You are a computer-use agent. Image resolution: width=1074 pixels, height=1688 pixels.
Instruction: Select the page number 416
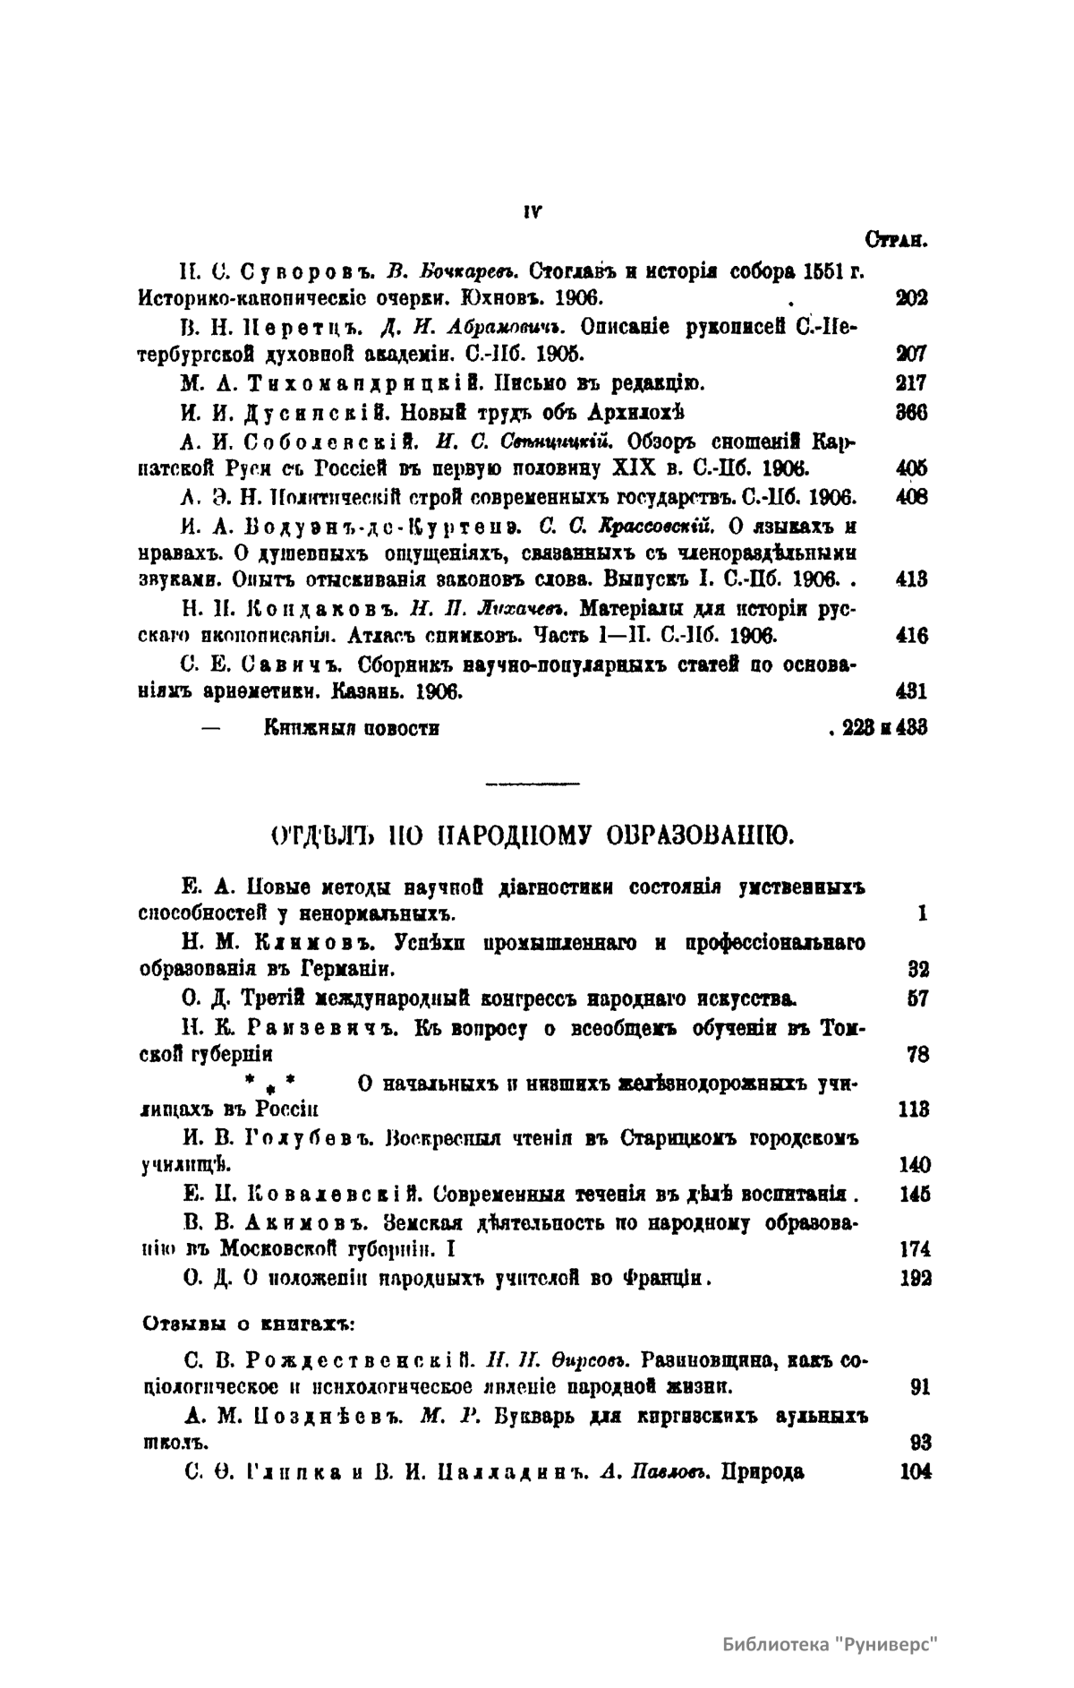(912, 637)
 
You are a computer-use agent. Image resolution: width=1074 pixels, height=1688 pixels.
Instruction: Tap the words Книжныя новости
(351, 727)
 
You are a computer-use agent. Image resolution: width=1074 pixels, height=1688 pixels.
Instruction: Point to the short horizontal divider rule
(532, 784)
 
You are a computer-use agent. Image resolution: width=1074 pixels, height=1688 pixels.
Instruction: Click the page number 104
(914, 1471)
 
